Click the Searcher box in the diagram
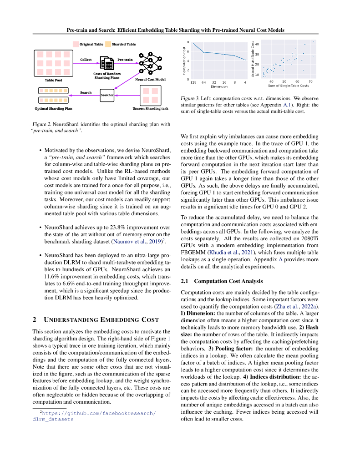point(106,95)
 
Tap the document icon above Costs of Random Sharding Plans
point(106,64)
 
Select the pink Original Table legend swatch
point(76,44)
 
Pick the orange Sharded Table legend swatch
point(108,44)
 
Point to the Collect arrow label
point(86,60)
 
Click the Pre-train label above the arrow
point(125,60)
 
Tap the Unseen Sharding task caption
point(150,109)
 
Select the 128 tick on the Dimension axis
point(193,82)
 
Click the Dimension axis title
point(219,86)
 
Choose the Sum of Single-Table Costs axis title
point(288,86)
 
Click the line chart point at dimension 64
point(203,52)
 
